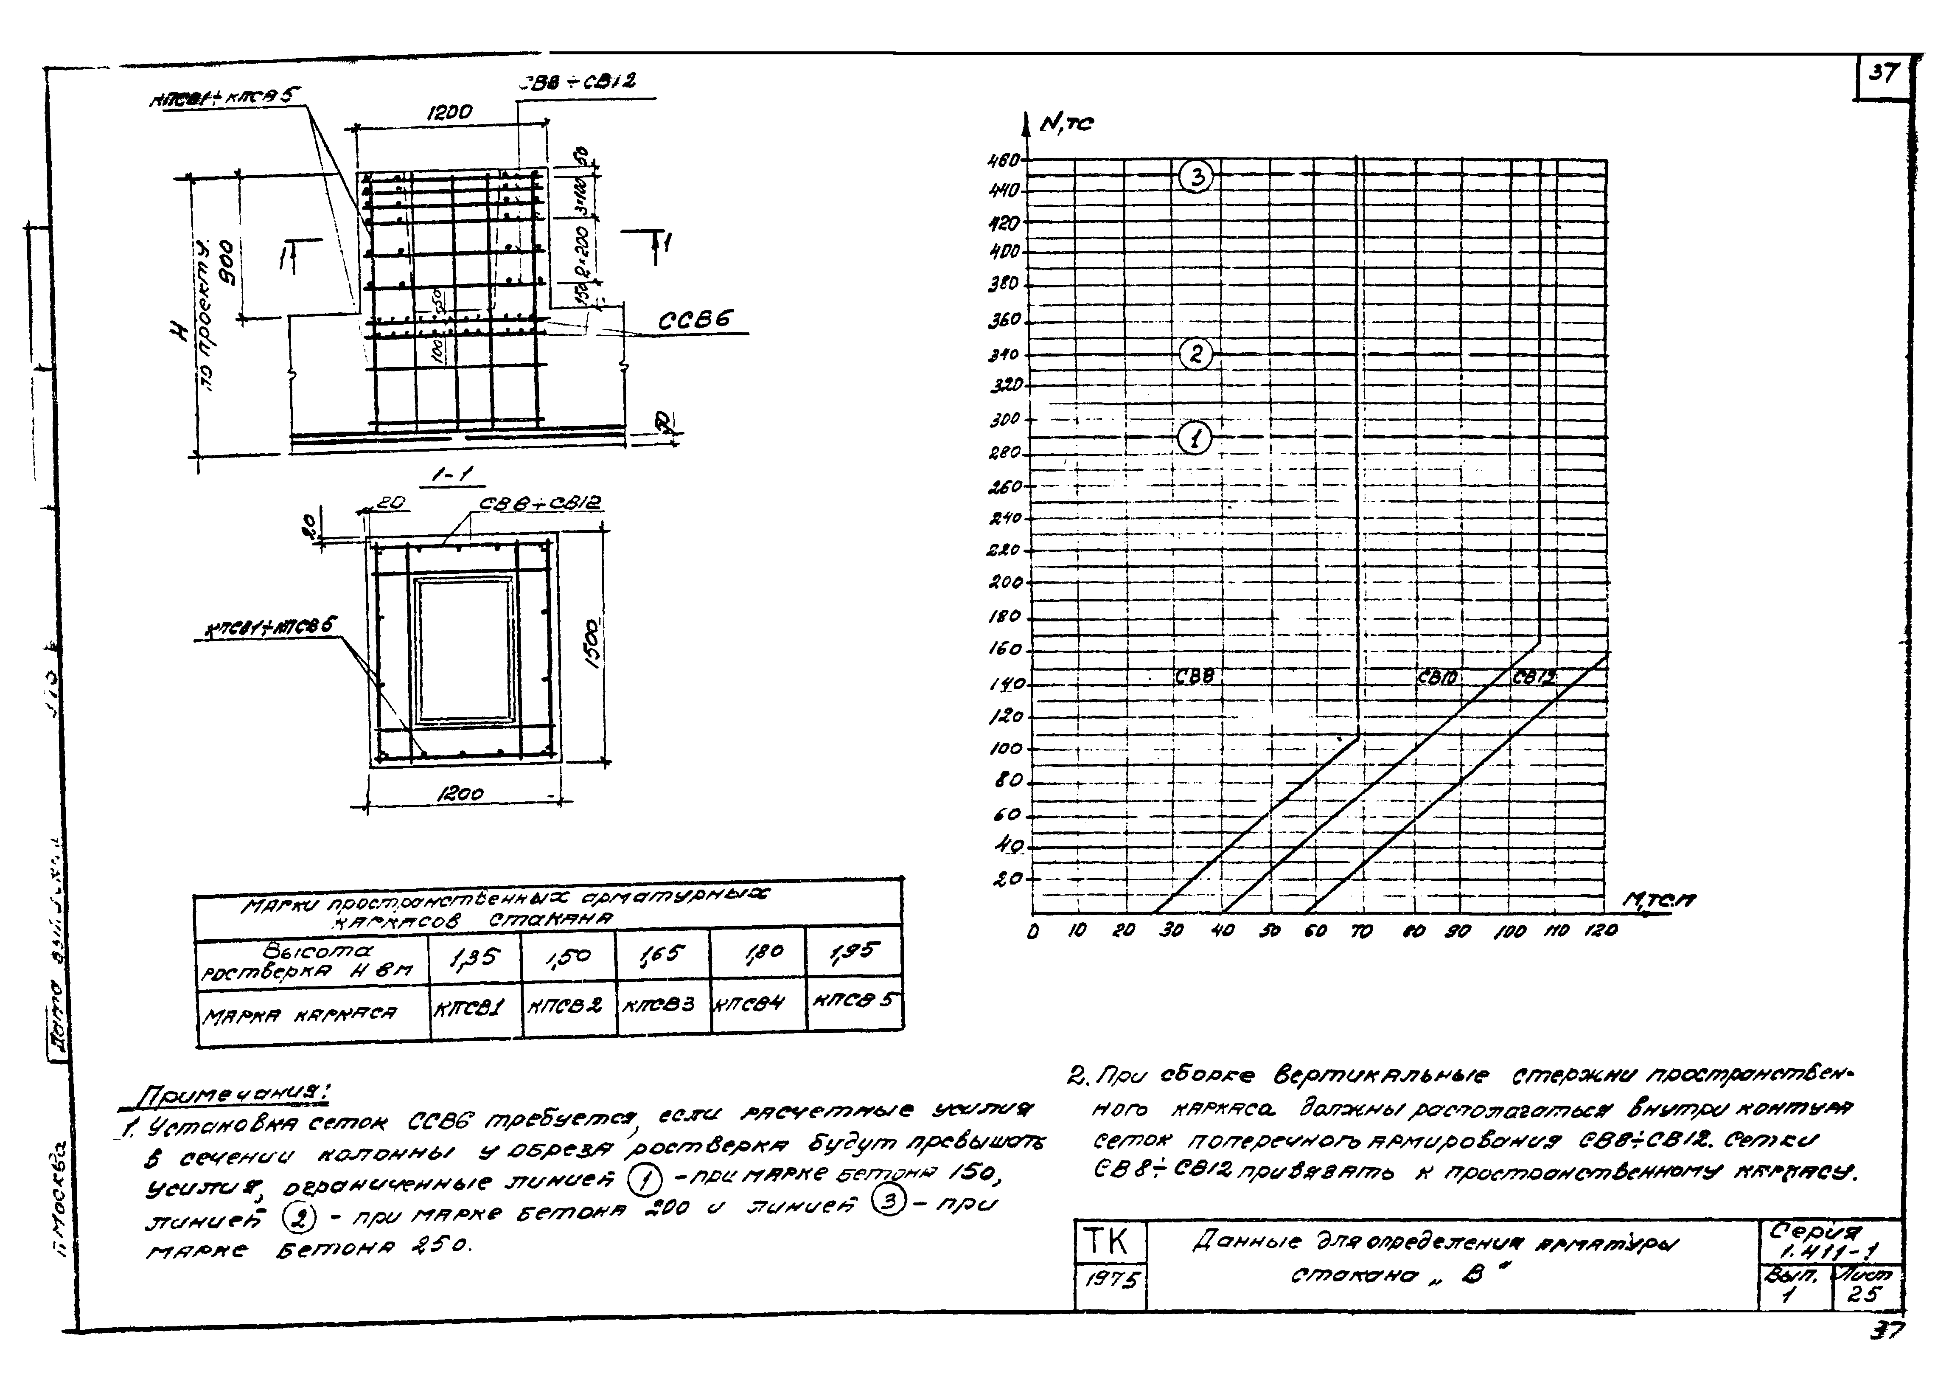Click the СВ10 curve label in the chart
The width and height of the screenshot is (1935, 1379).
tap(1437, 677)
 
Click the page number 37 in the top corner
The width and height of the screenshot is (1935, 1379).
tap(1882, 74)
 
